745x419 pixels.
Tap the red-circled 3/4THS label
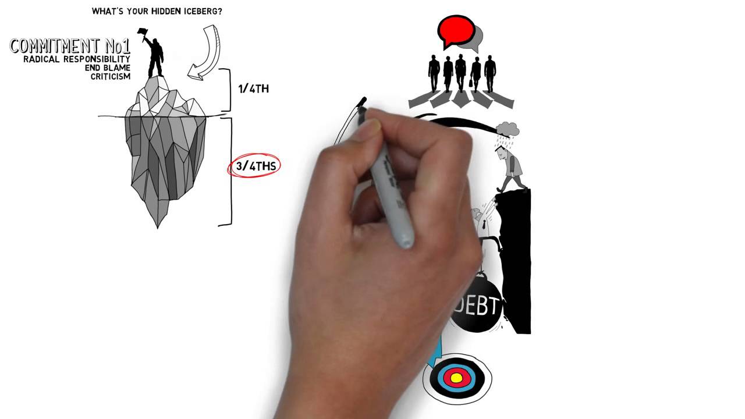click(x=254, y=165)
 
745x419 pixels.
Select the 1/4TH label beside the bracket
click(x=253, y=89)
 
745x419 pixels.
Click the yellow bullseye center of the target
click(x=456, y=378)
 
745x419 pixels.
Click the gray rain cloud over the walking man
click(x=507, y=129)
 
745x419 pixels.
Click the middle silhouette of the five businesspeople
click(x=460, y=73)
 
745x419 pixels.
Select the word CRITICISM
click(x=111, y=76)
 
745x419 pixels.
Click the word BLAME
click(x=117, y=68)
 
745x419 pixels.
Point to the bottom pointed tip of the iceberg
click(x=158, y=228)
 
